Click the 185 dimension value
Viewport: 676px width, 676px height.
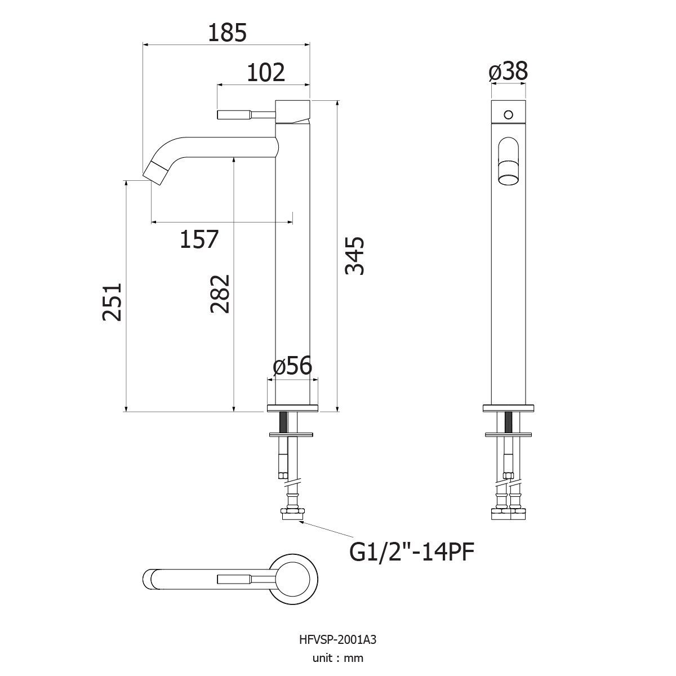tap(228, 33)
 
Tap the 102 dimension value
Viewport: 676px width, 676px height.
tap(266, 73)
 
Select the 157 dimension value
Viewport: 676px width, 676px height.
tap(199, 239)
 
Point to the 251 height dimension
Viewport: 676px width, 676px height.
tap(112, 302)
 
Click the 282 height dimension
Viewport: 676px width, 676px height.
tap(220, 294)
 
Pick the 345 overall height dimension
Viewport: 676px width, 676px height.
tap(355, 256)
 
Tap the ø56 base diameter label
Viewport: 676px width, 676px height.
tap(292, 366)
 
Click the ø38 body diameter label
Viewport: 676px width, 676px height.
tap(508, 71)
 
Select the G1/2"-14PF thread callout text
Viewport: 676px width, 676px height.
tap(412, 552)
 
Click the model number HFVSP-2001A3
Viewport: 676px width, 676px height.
tap(338, 640)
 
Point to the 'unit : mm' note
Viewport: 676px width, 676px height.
tap(338, 658)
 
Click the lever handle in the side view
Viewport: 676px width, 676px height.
tap(246, 115)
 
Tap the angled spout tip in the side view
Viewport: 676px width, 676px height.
tap(154, 174)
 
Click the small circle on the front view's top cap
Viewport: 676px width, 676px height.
tap(508, 115)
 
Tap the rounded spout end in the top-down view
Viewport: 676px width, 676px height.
tap(149, 580)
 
